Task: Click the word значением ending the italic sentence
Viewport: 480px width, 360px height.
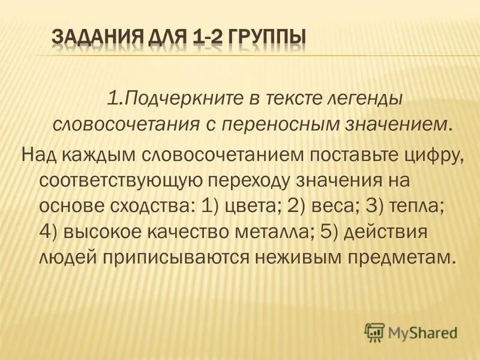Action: [x=398, y=124]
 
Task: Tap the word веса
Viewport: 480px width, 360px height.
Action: [x=327, y=206]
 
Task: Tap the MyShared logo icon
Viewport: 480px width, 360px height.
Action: [x=374, y=331]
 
